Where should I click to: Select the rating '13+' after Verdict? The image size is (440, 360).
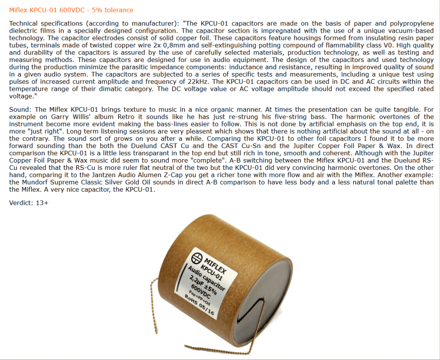pos(42,203)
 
